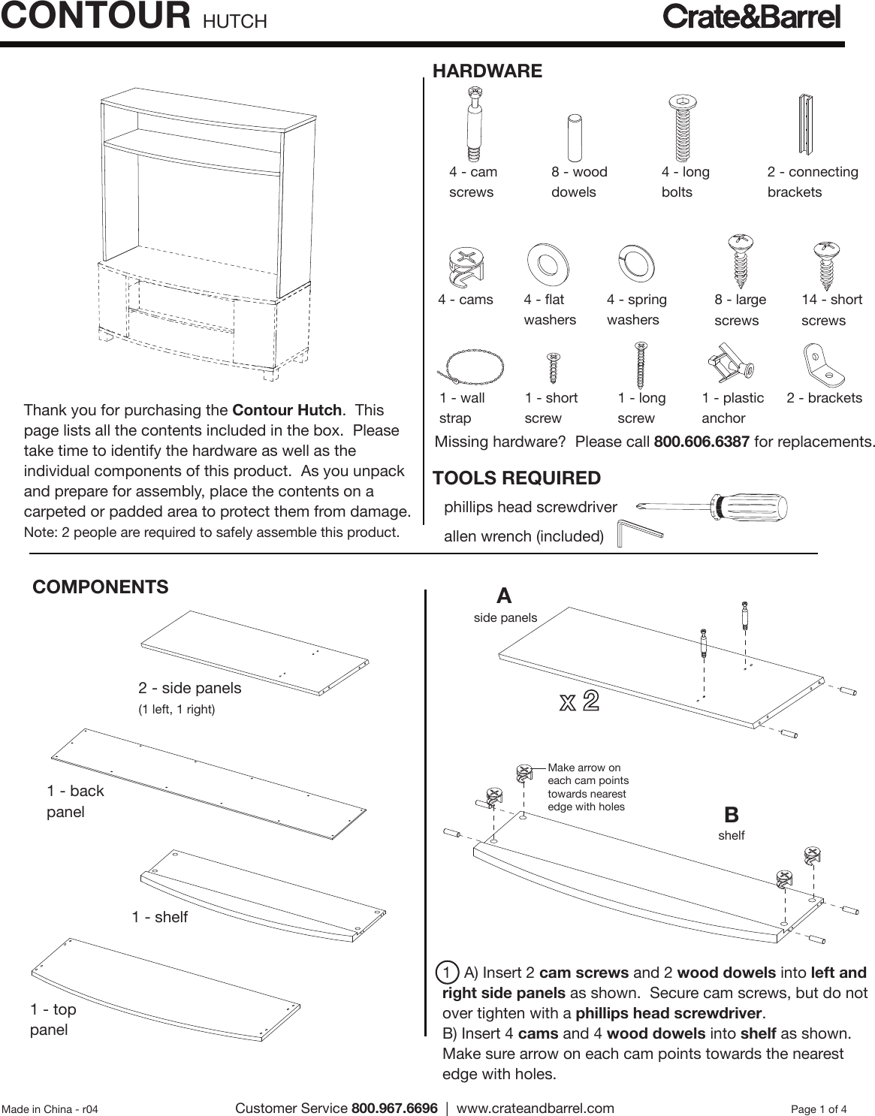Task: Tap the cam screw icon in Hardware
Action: pyautogui.click(x=474, y=124)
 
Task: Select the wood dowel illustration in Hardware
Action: pyautogui.click(x=575, y=137)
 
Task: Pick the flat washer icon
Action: pyautogui.click(x=547, y=262)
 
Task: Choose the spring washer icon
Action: pyautogui.click(x=635, y=264)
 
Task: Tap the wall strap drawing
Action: pyautogui.click(x=471, y=367)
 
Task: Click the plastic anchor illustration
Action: pyautogui.click(x=729, y=363)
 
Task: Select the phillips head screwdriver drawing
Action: pyautogui.click(x=711, y=508)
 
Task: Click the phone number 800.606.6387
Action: pyautogui.click(x=702, y=442)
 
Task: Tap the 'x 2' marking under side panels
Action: pyautogui.click(x=579, y=701)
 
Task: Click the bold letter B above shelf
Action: pyautogui.click(x=731, y=815)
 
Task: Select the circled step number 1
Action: pyautogui.click(x=447, y=973)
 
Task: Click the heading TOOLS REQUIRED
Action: pyautogui.click(x=517, y=478)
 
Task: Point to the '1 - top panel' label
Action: pyautogui.click(x=53, y=1019)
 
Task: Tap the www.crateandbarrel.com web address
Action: pyautogui.click(x=535, y=1108)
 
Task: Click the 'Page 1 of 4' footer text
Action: pyautogui.click(x=819, y=1109)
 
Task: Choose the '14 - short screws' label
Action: pyautogui.click(x=831, y=309)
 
